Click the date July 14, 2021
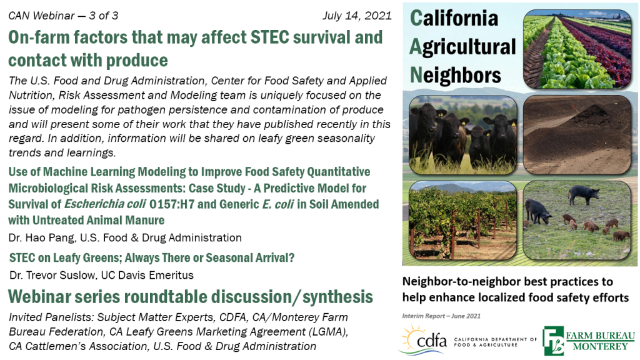[x=357, y=16]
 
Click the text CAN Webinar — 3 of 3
[x=63, y=16]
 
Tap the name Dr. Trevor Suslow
[x=52, y=275]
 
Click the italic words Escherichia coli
[x=105, y=204]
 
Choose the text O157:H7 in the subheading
[x=172, y=204]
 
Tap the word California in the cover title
[x=454, y=18]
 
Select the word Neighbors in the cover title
[x=456, y=75]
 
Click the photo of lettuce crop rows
[x=577, y=49]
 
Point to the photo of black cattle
[x=463, y=135]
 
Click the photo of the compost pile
[x=577, y=135]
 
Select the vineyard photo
[x=463, y=221]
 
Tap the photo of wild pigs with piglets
[x=577, y=221]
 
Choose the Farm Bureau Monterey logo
[x=589, y=341]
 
